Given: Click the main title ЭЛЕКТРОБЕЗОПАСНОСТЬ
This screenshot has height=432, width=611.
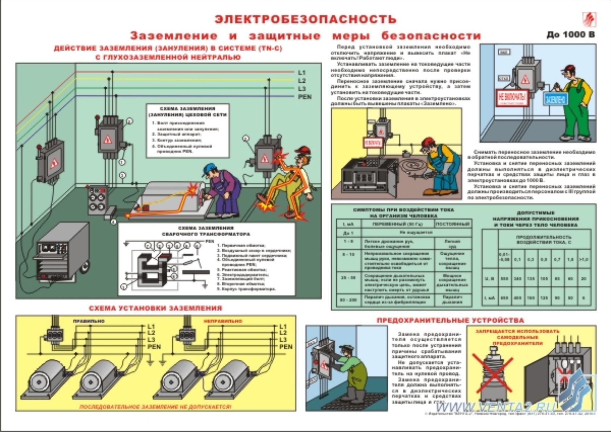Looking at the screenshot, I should (305, 19).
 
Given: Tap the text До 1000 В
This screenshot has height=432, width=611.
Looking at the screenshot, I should (571, 35).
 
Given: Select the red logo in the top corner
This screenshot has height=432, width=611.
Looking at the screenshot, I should (589, 19).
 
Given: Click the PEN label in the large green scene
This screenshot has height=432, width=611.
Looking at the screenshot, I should (304, 97).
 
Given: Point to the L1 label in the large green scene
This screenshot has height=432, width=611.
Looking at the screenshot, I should (302, 73).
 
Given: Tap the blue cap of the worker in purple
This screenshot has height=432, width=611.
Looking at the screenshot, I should (209, 168).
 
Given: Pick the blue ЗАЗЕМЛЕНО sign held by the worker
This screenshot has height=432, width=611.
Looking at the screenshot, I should (555, 99).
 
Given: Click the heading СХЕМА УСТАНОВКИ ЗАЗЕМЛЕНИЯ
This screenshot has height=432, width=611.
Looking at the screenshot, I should (155, 308).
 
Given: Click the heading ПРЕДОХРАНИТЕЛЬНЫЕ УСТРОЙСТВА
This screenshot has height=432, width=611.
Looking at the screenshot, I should (450, 320).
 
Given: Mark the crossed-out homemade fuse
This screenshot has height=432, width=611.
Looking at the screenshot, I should (492, 371).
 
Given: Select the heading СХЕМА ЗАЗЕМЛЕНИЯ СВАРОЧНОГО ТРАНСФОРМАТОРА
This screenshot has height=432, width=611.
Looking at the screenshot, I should (206, 231).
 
